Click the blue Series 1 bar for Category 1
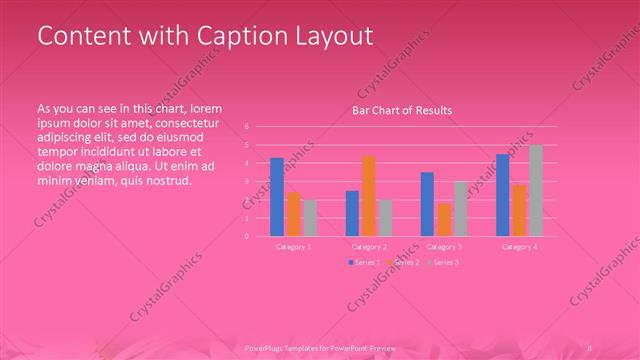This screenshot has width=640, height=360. [x=277, y=197]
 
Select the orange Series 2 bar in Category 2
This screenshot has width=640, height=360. [x=368, y=196]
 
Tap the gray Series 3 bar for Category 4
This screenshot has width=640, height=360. [x=536, y=190]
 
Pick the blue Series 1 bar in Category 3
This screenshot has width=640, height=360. [x=427, y=204]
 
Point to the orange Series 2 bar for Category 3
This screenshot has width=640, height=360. [x=443, y=219]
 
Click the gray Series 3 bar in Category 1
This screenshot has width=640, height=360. [x=309, y=218]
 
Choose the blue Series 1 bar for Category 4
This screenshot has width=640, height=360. [x=503, y=195]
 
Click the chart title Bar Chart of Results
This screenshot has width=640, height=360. [x=402, y=110]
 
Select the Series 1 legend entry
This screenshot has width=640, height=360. [x=364, y=262]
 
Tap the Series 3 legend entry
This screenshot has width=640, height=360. [x=442, y=262]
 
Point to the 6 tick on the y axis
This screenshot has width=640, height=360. [x=246, y=127]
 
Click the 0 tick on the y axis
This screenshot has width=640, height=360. [x=246, y=236]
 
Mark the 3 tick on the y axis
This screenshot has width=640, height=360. [x=246, y=182]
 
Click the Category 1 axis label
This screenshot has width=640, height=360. [x=292, y=246]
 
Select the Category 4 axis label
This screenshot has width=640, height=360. [x=519, y=246]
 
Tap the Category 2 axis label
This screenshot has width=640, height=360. [x=368, y=246]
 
